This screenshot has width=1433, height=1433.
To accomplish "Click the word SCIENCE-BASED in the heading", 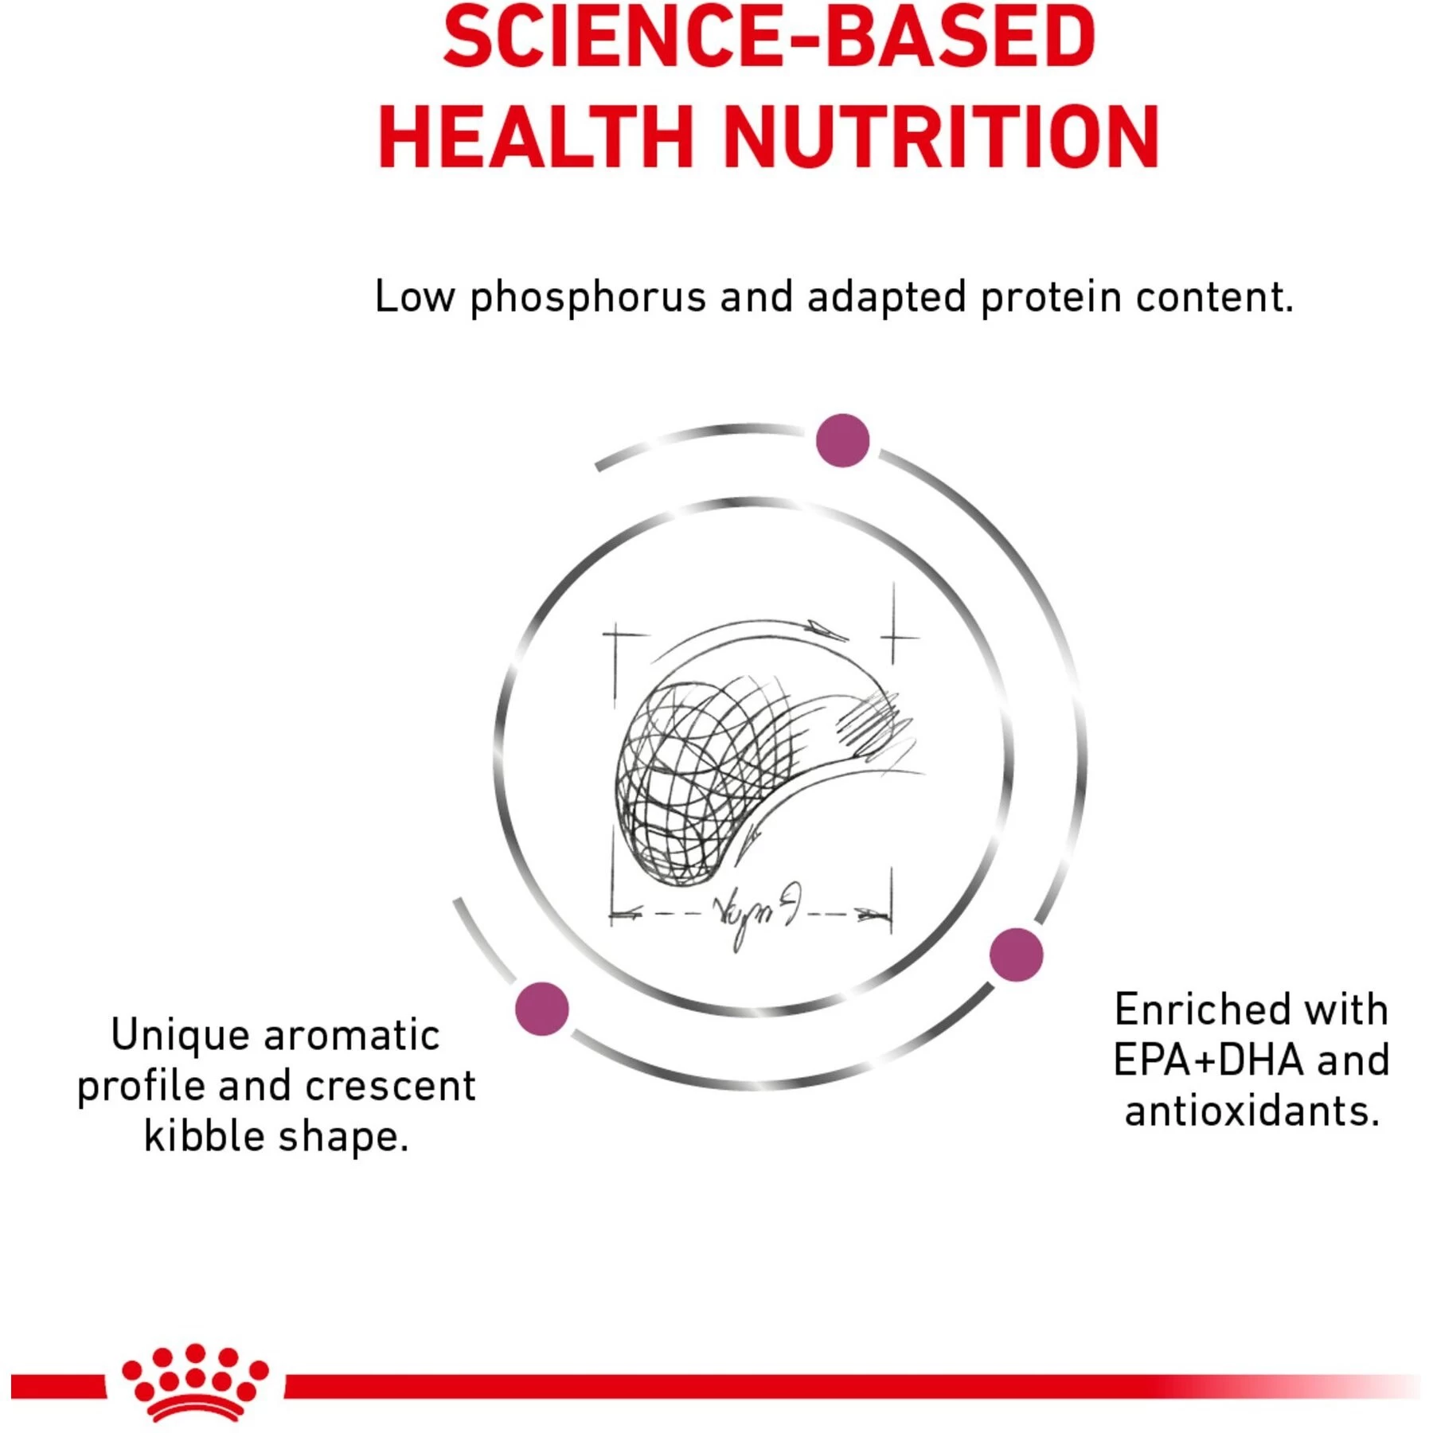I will pos(769,38).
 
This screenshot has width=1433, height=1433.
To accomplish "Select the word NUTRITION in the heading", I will pos(941,137).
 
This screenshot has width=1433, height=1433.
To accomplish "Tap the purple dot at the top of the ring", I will pos(842,440).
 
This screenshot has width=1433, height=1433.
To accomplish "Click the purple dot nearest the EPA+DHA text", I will pos(1016,954).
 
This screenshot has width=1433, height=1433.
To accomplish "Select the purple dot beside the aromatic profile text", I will pos(542,1009).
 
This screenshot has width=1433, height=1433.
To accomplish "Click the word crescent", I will pos(389,1087).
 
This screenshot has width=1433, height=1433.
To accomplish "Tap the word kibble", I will pos(204,1137).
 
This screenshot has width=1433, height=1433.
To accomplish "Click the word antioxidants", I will pos(1251,1111).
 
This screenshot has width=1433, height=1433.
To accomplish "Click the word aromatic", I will pos(351,1036).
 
